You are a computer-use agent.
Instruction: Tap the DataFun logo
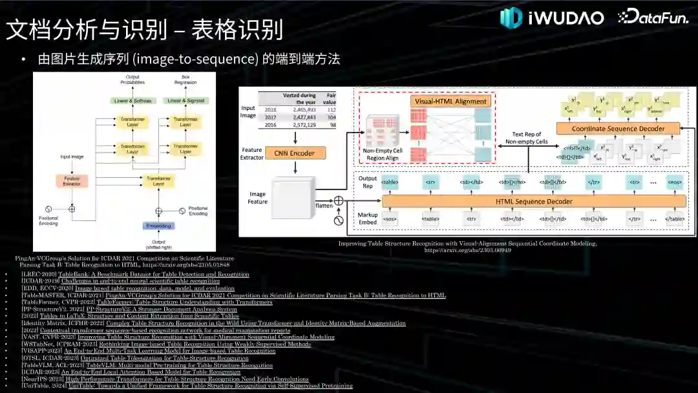[653, 17]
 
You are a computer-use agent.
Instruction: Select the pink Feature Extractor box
[71, 182]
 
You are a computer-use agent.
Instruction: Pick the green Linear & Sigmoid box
[185, 101]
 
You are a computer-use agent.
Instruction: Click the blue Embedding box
[158, 226]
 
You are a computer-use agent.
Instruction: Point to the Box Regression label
[185, 80]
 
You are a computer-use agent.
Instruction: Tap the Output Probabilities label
[133, 80]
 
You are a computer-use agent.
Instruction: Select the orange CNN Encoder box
[295, 153]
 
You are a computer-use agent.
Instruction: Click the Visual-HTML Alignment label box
[450, 101]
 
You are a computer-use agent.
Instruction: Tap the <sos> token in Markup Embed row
[389, 219]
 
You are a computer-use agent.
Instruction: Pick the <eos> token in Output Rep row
[674, 182]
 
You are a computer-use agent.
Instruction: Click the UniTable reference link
[211, 386]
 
